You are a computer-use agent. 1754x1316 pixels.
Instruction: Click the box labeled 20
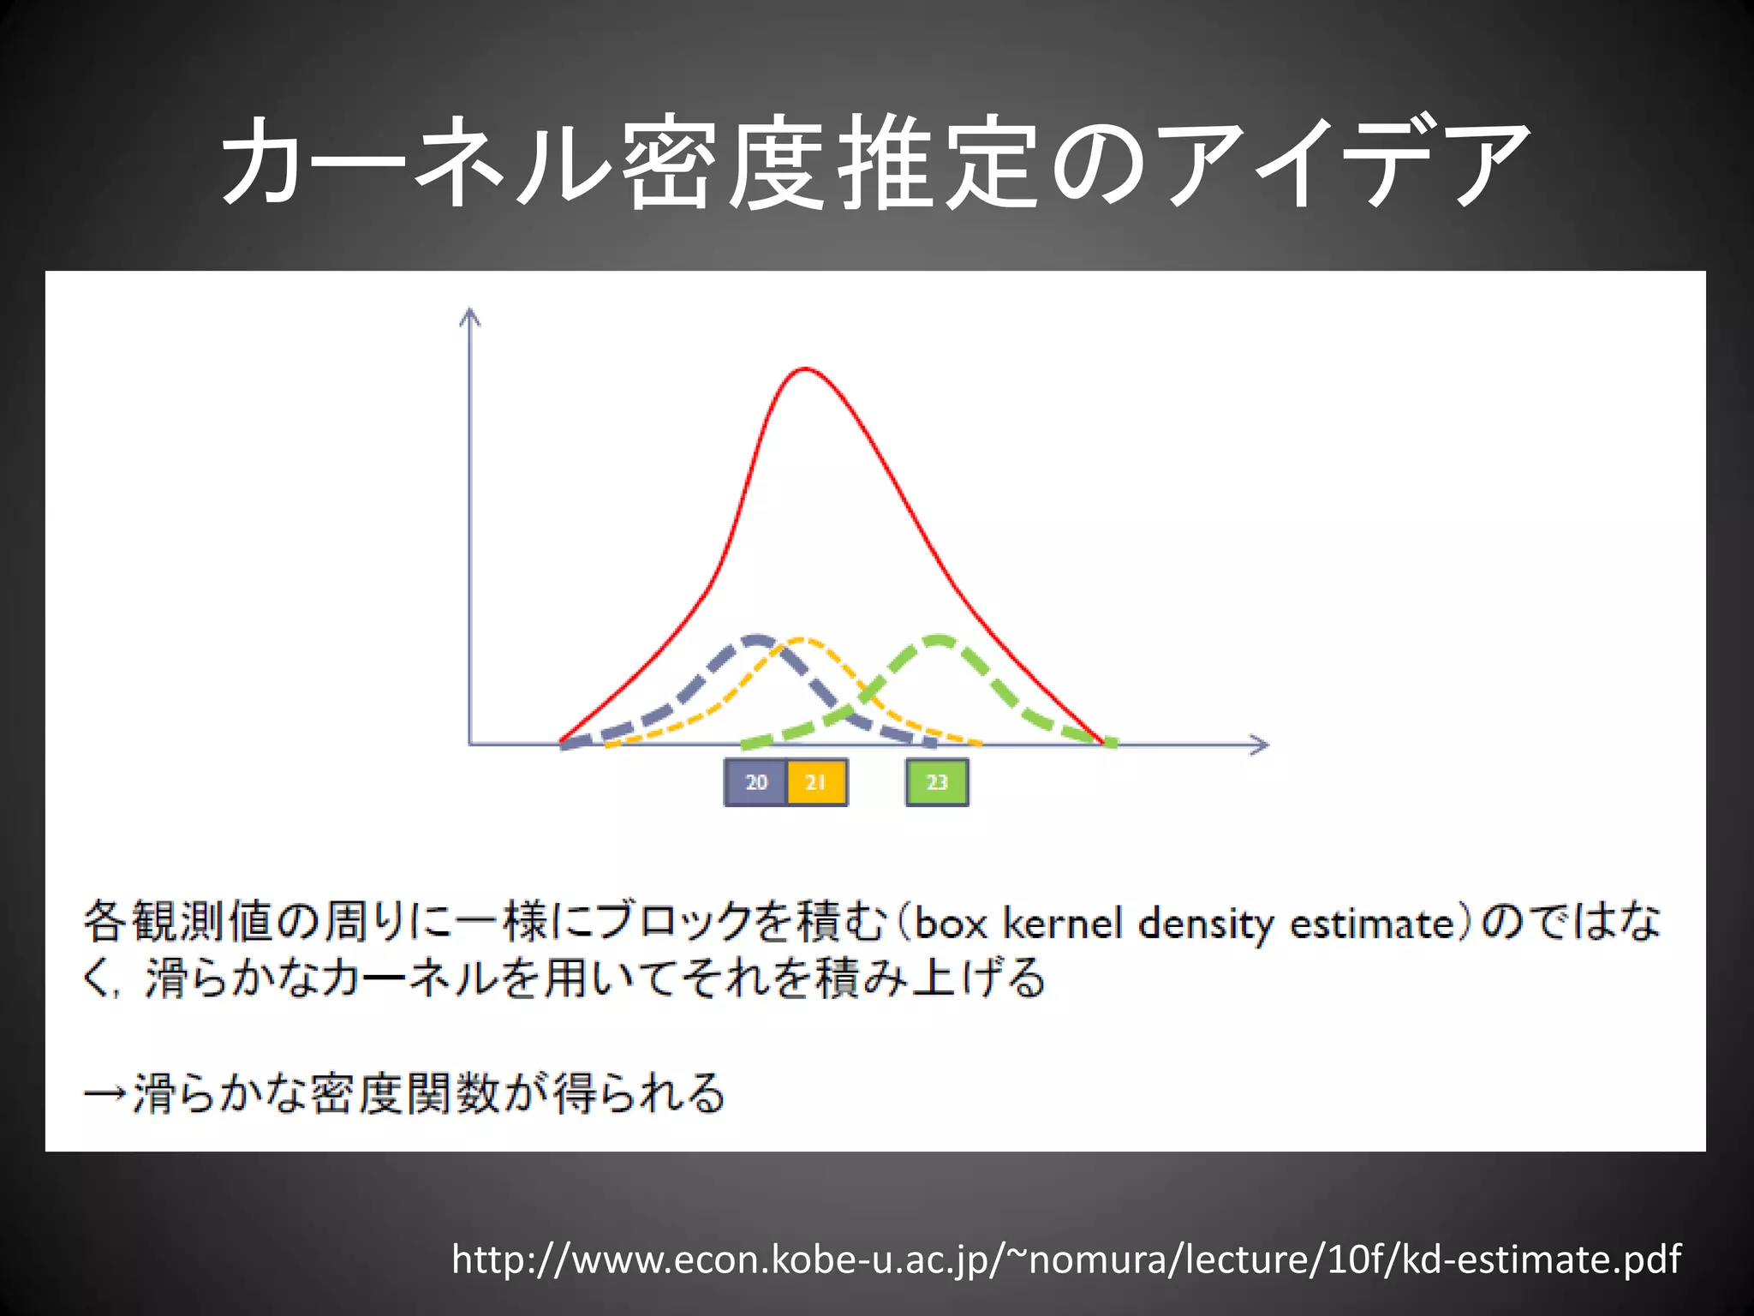(755, 782)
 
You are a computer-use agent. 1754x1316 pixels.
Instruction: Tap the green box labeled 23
(937, 782)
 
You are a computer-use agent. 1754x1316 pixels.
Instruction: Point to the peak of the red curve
(805, 369)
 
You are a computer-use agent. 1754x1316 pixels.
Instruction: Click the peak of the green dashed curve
(940, 638)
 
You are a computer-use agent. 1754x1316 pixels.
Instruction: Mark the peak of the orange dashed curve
(802, 639)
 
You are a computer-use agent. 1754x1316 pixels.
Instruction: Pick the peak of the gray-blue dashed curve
(755, 638)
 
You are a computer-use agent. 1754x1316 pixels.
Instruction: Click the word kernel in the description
(1062, 924)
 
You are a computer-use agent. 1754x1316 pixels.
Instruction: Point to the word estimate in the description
(1372, 924)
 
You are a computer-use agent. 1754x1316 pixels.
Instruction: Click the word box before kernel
(951, 924)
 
